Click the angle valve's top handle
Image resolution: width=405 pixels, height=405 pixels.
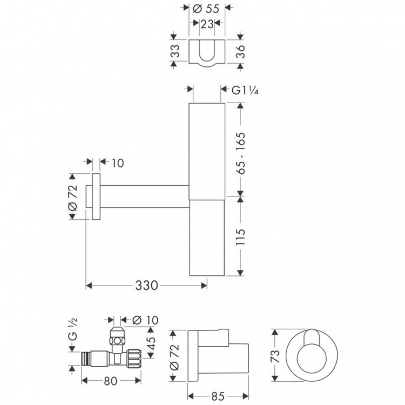click(x=116, y=332)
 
